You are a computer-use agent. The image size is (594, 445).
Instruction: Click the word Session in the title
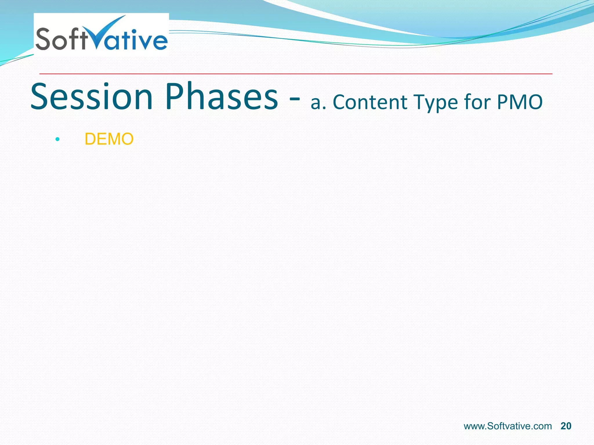[92, 97]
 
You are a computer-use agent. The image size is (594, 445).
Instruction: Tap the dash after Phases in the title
[294, 100]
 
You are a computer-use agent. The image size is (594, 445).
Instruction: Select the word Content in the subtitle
[370, 102]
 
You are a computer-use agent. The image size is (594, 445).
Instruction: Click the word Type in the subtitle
[435, 103]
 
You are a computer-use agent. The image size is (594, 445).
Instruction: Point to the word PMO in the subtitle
[519, 102]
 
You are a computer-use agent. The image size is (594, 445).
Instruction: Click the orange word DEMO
[109, 139]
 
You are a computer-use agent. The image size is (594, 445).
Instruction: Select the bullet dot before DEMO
[57, 139]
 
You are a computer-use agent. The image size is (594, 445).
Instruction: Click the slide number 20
[566, 426]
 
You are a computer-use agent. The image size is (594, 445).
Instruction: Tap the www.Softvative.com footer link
[508, 426]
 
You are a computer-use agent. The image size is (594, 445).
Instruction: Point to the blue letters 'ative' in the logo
[139, 41]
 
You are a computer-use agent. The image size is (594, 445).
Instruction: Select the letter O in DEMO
[127, 139]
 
